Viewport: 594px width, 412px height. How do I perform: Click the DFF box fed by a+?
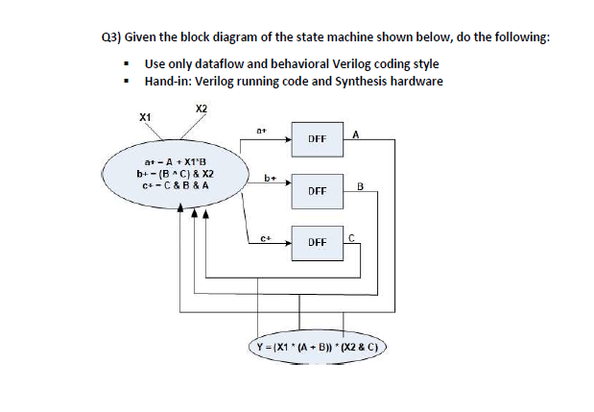point(318,139)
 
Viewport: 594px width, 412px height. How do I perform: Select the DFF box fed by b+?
point(318,191)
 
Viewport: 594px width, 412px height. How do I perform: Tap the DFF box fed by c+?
point(318,243)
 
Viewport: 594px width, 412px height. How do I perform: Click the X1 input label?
point(145,117)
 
